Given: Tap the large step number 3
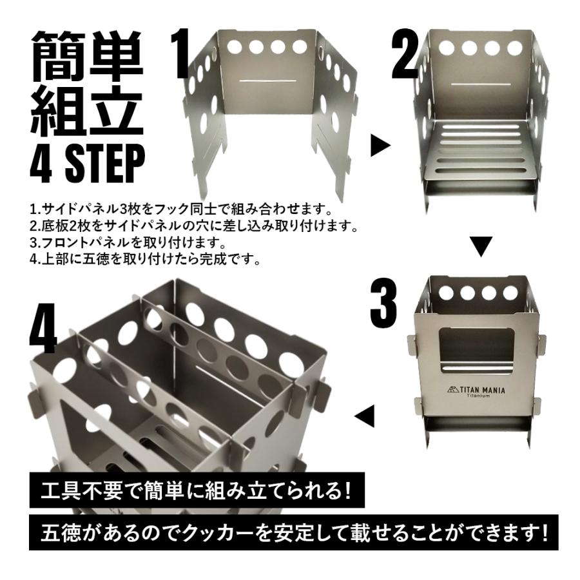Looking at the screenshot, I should (x=386, y=300).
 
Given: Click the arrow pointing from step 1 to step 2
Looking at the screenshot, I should (x=380, y=147).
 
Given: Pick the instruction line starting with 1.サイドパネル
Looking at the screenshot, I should (x=180, y=210).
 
